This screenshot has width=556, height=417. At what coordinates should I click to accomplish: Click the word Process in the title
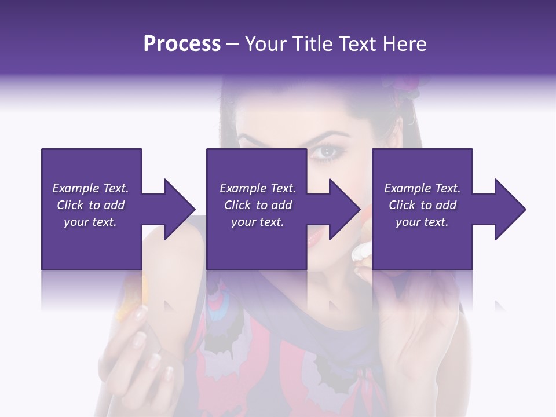182,44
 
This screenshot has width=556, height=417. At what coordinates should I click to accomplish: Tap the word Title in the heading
310,44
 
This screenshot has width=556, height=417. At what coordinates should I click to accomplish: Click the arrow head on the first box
180,209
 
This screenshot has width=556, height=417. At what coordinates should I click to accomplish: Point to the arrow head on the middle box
345,209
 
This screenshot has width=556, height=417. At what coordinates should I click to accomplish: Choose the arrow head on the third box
510,209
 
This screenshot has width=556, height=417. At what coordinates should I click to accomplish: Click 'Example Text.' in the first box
90,188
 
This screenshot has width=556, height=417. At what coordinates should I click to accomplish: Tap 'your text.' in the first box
90,222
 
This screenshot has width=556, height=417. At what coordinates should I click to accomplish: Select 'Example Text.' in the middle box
258,188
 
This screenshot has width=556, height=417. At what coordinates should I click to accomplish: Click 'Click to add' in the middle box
258,205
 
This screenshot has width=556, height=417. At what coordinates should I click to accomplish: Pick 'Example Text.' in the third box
422,188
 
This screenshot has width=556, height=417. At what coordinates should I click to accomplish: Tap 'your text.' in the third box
422,222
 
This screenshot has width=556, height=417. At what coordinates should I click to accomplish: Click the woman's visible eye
327,152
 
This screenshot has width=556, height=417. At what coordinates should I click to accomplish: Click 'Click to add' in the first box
90,205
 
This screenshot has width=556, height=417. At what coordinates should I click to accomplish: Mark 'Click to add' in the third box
422,205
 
